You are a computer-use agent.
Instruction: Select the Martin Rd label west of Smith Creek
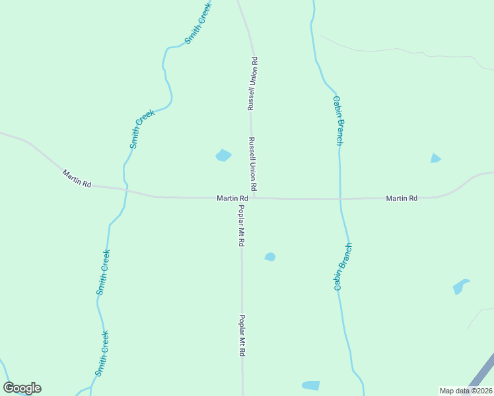click(x=77, y=178)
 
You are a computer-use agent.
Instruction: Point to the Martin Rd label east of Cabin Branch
click(x=402, y=198)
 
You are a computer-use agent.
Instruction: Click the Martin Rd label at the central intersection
click(x=232, y=198)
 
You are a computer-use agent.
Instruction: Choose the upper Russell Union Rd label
click(x=252, y=83)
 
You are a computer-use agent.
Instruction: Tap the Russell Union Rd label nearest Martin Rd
click(x=252, y=161)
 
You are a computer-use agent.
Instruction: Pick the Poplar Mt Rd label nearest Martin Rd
click(x=242, y=226)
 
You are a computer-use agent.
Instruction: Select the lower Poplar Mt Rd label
click(x=242, y=335)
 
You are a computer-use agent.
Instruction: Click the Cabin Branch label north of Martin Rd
click(x=338, y=120)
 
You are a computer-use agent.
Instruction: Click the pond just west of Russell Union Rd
click(x=223, y=156)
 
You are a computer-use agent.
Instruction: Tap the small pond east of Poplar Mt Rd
click(x=270, y=257)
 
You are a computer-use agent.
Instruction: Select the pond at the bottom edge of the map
click(x=310, y=385)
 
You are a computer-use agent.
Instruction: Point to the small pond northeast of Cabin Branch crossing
click(x=435, y=158)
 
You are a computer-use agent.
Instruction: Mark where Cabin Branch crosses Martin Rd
click(x=340, y=198)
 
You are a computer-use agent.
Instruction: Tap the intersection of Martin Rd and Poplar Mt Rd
click(x=242, y=198)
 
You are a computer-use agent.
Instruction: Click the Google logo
click(x=22, y=388)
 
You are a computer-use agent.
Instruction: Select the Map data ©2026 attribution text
click(x=465, y=390)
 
